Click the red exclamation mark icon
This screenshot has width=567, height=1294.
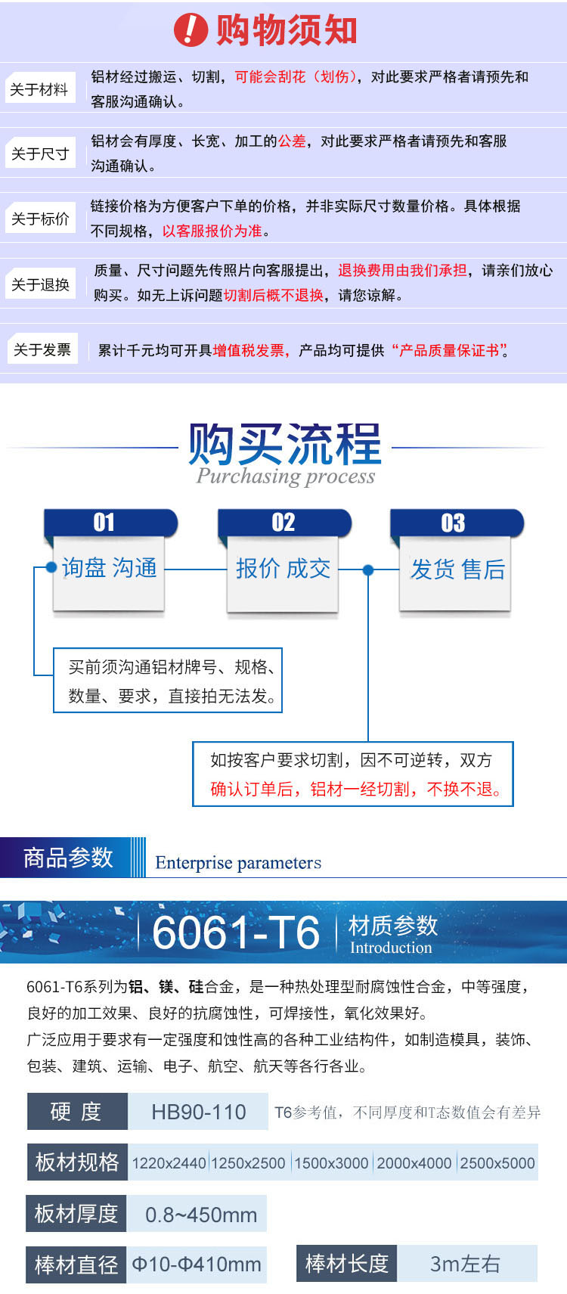[x=191, y=30]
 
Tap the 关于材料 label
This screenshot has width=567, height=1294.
[x=40, y=88]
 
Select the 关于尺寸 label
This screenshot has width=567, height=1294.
[x=40, y=153]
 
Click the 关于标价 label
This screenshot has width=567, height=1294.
[x=40, y=218]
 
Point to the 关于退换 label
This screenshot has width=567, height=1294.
[x=40, y=284]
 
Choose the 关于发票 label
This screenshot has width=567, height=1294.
[x=42, y=349]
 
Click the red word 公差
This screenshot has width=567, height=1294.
[x=292, y=141]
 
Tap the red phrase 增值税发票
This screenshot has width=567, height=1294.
[x=249, y=350]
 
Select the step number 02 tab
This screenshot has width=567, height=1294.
[x=285, y=523]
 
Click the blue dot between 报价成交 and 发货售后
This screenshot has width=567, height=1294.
[x=368, y=570]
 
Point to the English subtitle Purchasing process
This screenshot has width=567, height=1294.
[x=286, y=476]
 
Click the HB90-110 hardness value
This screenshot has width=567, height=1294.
[x=199, y=1112]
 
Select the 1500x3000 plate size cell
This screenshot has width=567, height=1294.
[x=331, y=1163]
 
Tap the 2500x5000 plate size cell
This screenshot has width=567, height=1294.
[x=497, y=1163]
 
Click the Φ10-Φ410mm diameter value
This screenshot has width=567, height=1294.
[x=197, y=1264]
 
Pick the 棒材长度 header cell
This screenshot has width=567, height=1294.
[x=346, y=1264]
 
